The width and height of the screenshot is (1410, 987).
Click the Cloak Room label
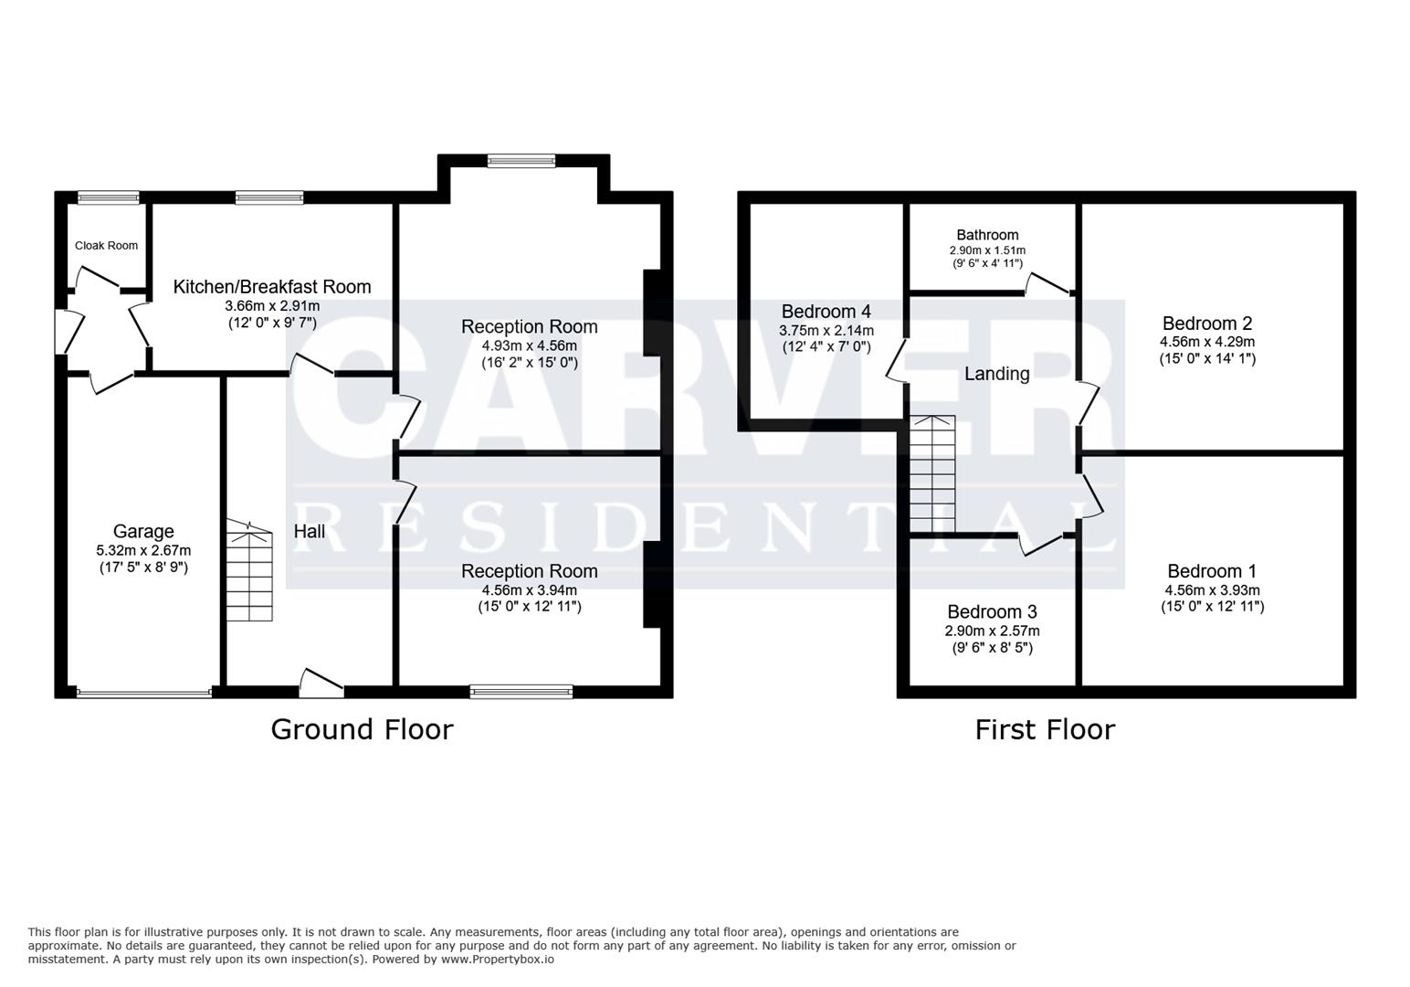coord(106,245)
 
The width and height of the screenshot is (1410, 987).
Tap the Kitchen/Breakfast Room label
coord(272,287)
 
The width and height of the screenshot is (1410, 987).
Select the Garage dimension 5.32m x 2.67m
coord(143,550)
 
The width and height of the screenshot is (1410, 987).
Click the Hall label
coord(310,531)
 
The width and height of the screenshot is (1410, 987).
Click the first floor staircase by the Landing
coord(931,474)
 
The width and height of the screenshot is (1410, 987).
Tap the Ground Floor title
coord(362,729)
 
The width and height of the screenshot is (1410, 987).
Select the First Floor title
coord(1045,729)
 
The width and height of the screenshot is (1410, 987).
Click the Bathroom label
coord(987,235)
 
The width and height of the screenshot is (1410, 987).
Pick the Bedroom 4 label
coord(826,312)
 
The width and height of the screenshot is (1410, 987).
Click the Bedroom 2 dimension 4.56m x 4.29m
coord(1206,342)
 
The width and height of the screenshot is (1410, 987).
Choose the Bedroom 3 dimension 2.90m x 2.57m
coord(992,631)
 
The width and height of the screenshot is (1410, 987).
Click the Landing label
coord(996,374)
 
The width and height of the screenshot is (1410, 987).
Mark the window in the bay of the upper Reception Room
coord(521,162)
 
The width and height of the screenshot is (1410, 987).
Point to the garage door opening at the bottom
coord(144,693)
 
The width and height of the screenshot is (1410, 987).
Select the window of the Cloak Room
coord(108,197)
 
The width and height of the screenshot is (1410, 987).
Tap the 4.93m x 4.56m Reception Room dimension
coord(529,345)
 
